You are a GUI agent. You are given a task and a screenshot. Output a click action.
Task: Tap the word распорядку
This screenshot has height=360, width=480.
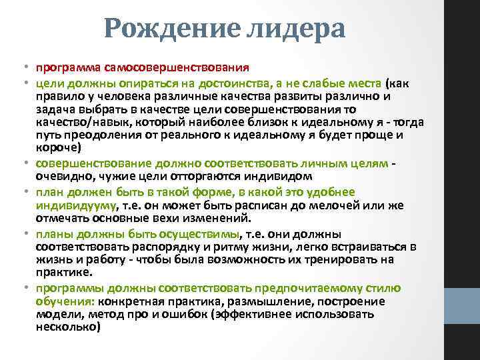point(152,247)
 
